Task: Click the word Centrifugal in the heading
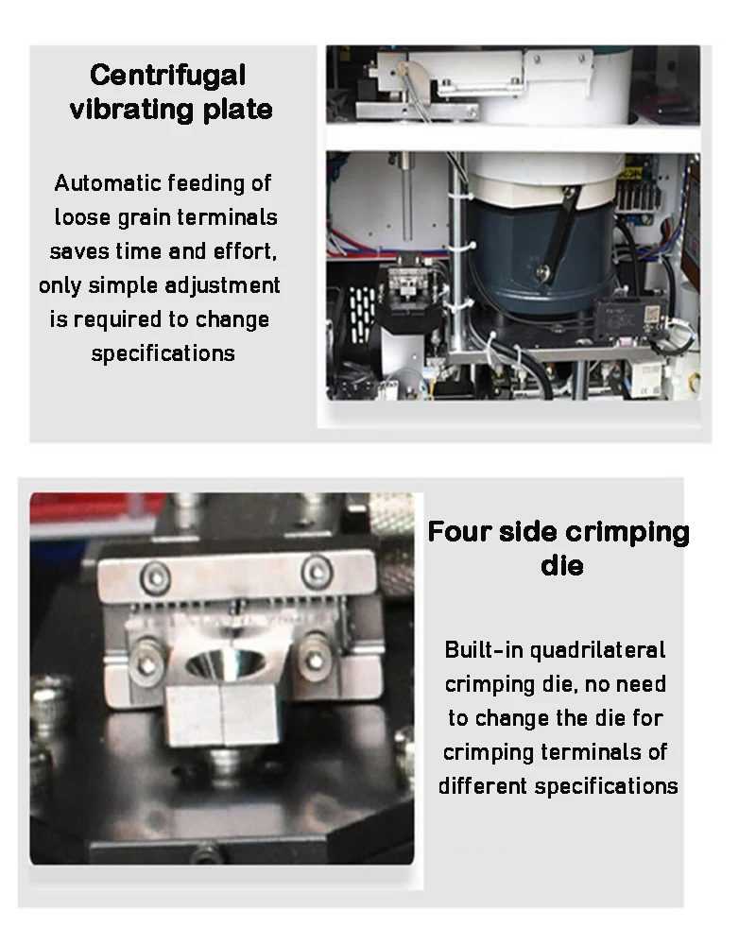[x=167, y=76]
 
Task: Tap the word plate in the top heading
[x=237, y=110]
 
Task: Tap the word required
[x=117, y=320]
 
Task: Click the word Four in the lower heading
[x=459, y=532]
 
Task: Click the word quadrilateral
[x=597, y=650]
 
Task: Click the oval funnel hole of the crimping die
[x=225, y=663]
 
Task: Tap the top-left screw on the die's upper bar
[x=156, y=576]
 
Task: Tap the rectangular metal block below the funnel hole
[x=222, y=715]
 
